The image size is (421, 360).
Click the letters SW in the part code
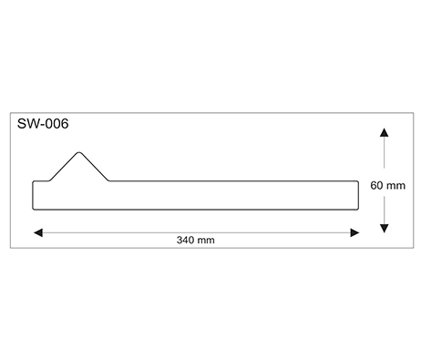pyautogui.click(x=26, y=124)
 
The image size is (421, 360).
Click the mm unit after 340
pyautogui.click(x=206, y=241)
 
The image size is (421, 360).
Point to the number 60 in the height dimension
pyautogui.click(x=376, y=185)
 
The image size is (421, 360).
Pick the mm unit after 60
pyautogui.click(x=396, y=186)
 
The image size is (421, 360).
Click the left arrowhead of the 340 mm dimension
pyautogui.click(x=38, y=233)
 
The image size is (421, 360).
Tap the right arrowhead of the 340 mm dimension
pyautogui.click(x=354, y=233)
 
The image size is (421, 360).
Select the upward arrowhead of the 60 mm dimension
pyautogui.click(x=385, y=132)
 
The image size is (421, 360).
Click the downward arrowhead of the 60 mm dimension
pyautogui.click(x=385, y=228)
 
